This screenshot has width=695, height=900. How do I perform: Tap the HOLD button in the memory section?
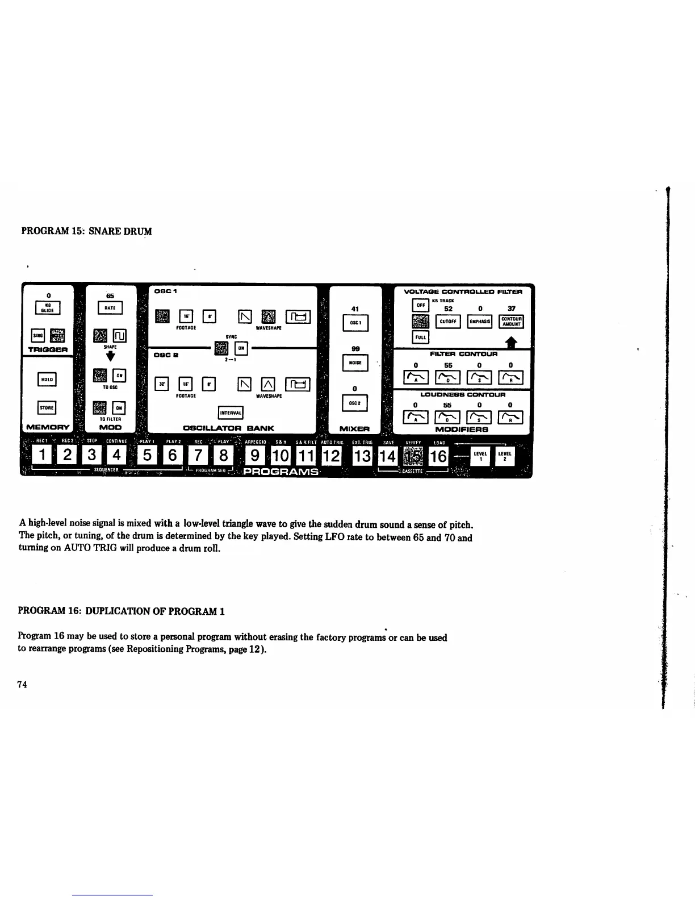point(47,379)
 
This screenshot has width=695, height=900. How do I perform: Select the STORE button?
point(47,407)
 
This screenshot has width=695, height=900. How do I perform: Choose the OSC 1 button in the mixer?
point(355,323)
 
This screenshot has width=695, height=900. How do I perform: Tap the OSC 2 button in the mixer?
point(355,403)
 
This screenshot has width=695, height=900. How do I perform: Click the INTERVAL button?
point(231,412)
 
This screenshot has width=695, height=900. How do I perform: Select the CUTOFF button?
point(448,322)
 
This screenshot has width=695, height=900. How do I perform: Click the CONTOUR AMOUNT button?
point(511,322)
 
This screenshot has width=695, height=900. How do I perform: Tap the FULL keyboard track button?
point(420,338)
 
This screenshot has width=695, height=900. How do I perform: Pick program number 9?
point(256,456)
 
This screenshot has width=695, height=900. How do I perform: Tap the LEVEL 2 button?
point(504,456)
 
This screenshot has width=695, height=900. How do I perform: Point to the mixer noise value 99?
point(355,349)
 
